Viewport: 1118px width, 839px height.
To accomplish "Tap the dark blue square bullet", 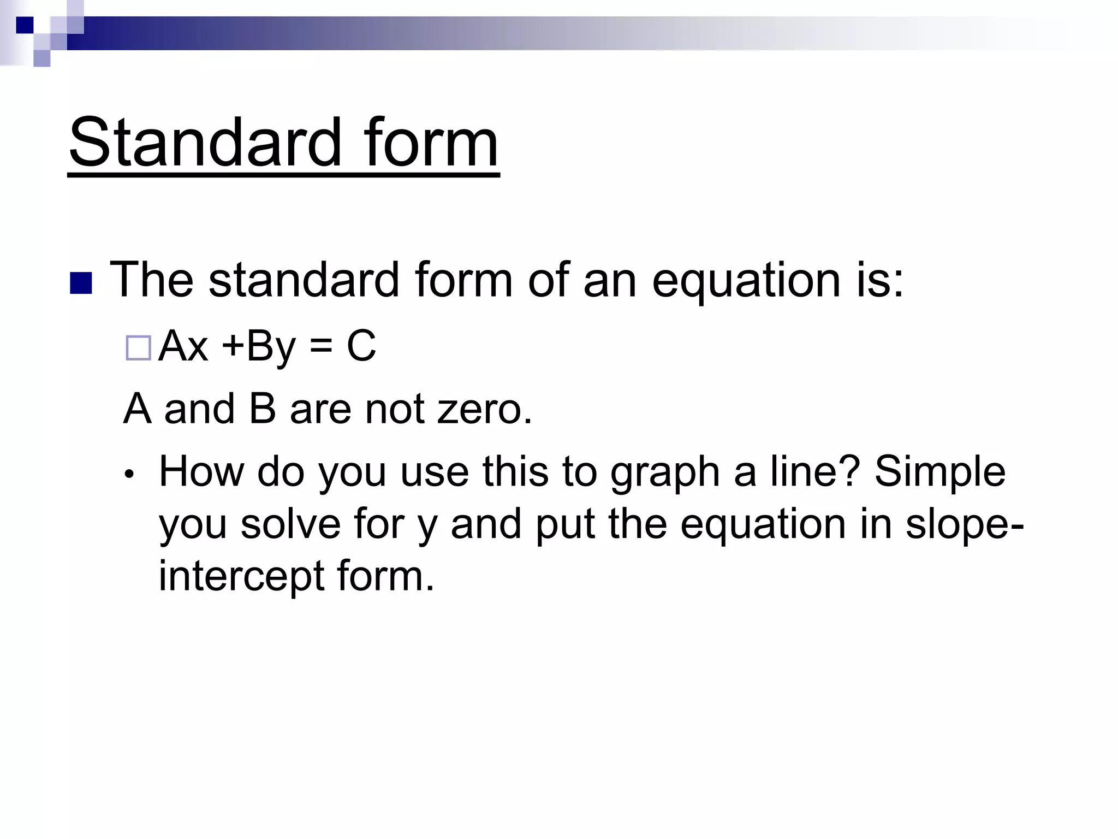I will [x=81, y=283].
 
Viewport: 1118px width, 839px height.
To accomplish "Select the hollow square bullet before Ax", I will [x=138, y=348].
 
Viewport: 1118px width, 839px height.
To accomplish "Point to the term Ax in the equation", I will [x=183, y=346].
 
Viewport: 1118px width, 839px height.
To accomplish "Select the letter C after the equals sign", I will [x=361, y=346].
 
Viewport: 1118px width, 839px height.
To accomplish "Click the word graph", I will [x=665, y=473].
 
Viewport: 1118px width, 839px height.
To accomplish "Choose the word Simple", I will [x=939, y=473].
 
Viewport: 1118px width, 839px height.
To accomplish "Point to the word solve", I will [x=290, y=524].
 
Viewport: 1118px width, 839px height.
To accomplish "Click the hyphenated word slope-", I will [x=964, y=524].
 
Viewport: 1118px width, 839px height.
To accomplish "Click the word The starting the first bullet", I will [x=152, y=280].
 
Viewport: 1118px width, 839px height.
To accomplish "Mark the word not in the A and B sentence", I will [x=394, y=409].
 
